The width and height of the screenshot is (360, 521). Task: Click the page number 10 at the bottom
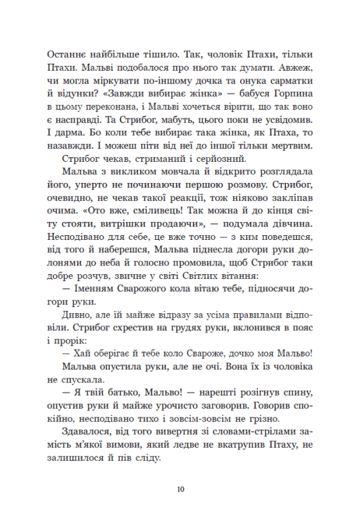click(180, 489)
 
